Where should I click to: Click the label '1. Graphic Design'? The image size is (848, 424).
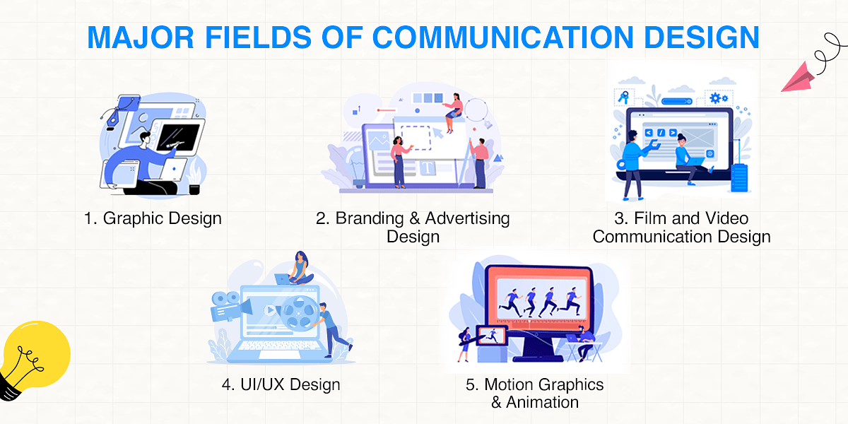[153, 218]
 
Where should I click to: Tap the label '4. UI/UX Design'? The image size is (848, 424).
[281, 384]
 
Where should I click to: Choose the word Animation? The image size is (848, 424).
[544, 402]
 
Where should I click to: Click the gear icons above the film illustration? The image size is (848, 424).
[719, 98]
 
